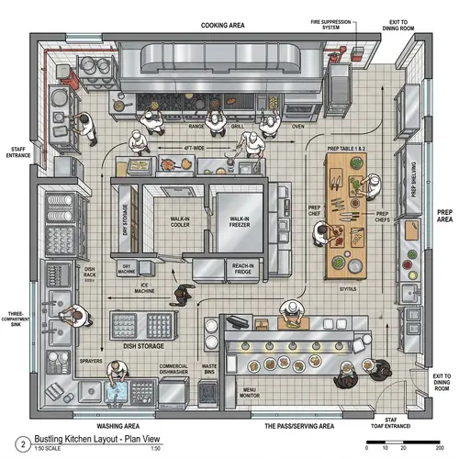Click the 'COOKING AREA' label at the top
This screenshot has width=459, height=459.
(x=222, y=26)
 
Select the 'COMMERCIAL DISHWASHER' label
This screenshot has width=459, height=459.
(x=174, y=370)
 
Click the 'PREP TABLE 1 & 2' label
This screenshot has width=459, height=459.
(x=347, y=148)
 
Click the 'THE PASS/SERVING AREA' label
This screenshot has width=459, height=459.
(x=299, y=426)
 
